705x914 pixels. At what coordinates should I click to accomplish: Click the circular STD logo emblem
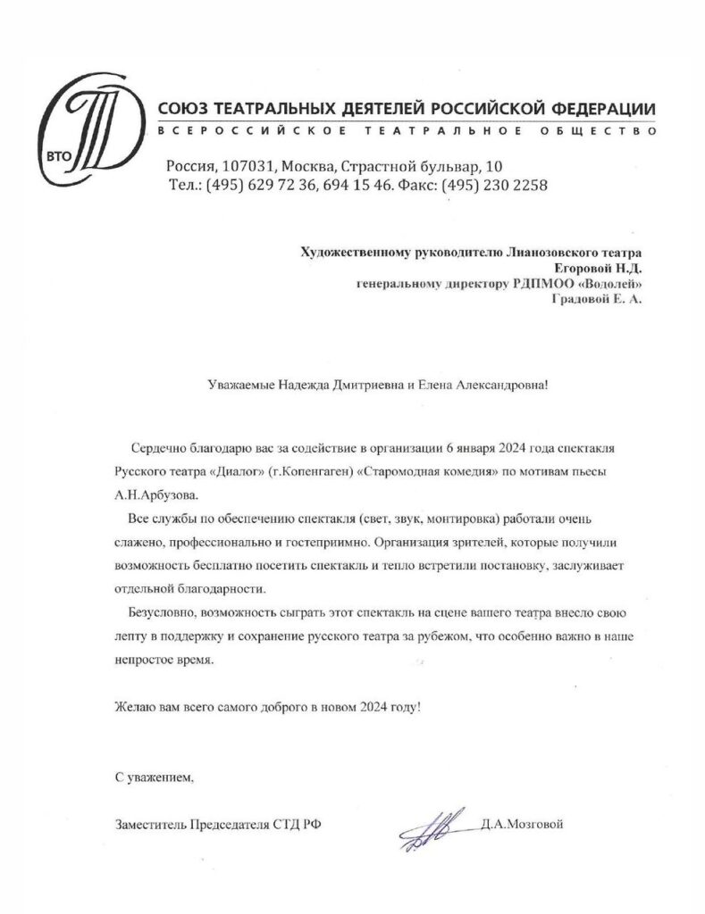pos(85,133)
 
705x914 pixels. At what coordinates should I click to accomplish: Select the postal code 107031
pos(248,167)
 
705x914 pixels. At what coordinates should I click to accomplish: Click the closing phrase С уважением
pos(153,777)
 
